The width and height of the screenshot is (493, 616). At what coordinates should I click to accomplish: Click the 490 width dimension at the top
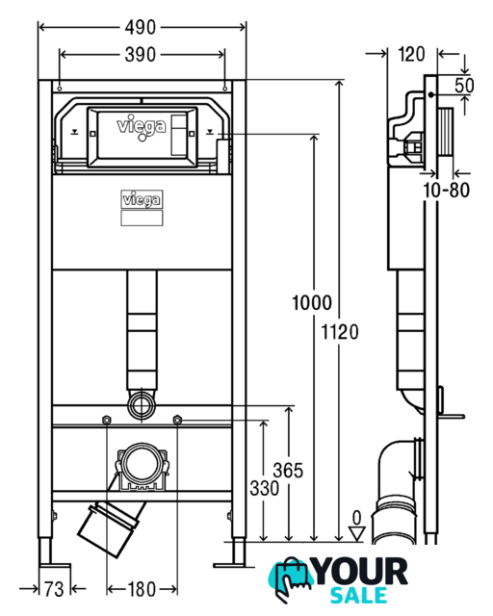141,28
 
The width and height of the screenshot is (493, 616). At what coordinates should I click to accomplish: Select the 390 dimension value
141,55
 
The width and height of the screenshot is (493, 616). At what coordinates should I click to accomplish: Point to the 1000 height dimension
312,303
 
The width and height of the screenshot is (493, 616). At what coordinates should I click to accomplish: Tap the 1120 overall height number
340,332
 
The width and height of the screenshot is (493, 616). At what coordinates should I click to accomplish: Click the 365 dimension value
288,471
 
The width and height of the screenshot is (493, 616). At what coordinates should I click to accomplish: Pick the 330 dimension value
265,488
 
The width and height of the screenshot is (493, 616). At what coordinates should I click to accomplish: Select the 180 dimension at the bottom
142,589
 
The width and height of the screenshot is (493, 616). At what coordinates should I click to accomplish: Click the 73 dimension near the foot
54,589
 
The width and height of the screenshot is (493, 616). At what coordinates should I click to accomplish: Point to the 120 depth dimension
411,54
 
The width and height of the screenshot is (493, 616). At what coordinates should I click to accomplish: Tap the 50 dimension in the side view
464,86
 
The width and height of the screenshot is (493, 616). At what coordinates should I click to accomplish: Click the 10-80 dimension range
446,191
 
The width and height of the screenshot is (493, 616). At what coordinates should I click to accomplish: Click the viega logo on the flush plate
142,127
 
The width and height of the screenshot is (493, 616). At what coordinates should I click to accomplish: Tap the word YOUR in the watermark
361,571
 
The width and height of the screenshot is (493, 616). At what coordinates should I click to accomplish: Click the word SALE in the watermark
358,595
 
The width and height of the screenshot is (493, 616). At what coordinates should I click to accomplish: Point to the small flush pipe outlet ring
142,404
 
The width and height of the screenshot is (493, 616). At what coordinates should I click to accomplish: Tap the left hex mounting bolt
106,420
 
